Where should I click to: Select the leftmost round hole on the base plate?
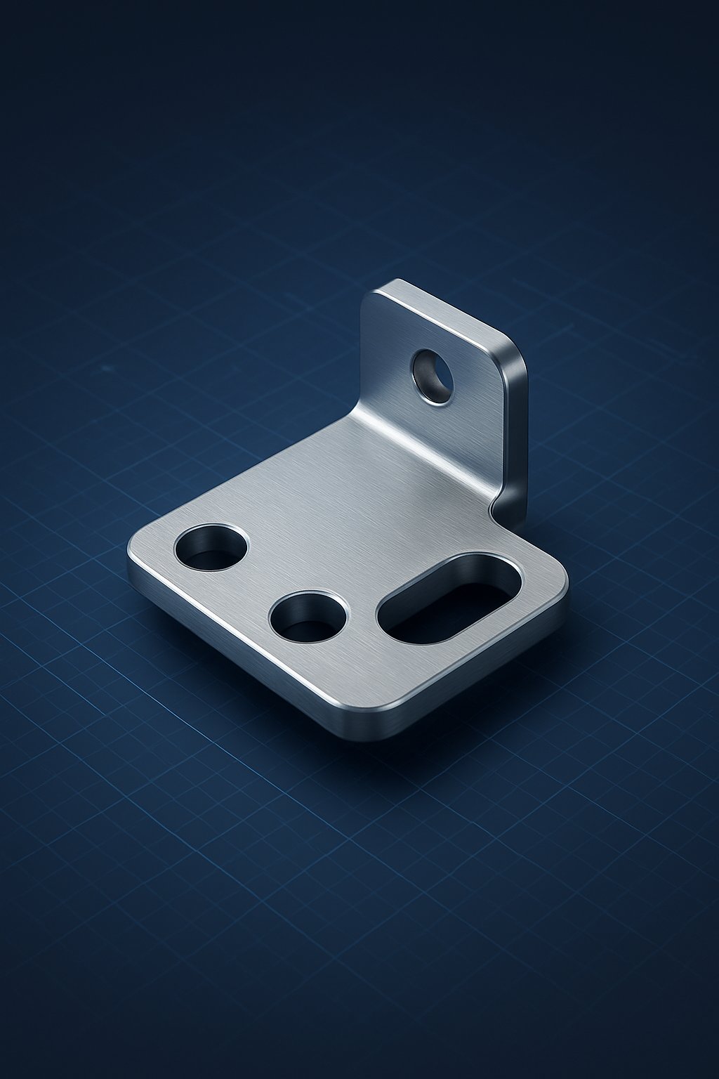click(x=211, y=547)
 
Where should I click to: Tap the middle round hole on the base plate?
click(x=308, y=617)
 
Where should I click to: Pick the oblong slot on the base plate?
click(x=449, y=598)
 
